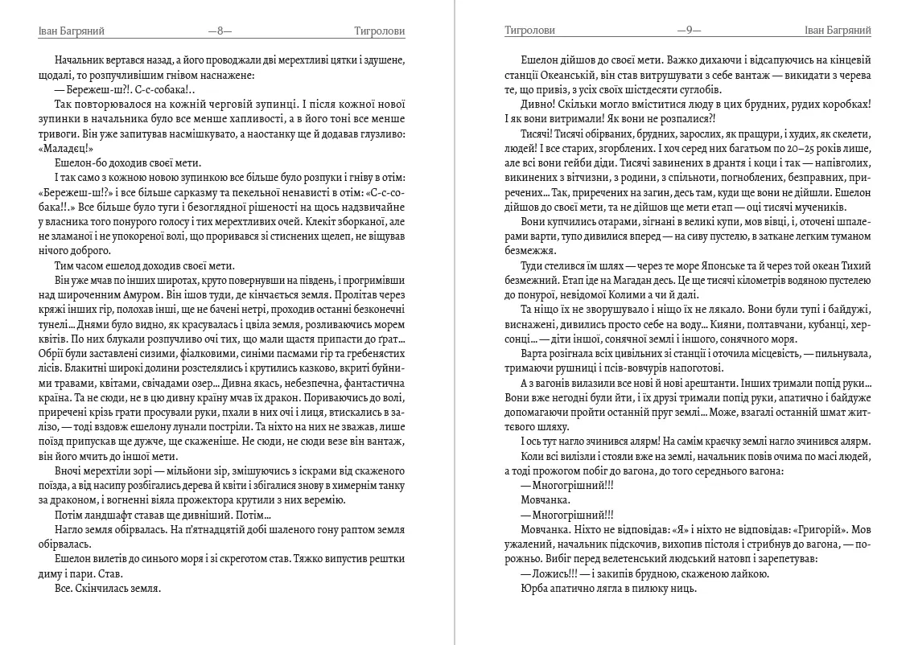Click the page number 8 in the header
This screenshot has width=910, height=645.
[x=220, y=31]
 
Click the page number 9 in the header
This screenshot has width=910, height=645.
[x=689, y=31]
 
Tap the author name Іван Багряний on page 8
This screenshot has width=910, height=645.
[x=72, y=31]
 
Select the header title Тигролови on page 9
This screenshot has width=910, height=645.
[x=529, y=31]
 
